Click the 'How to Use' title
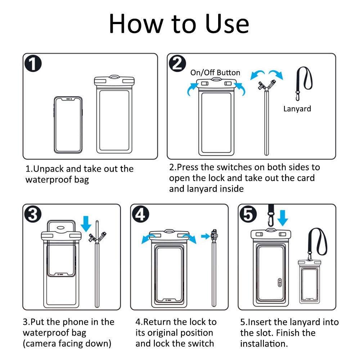coord(179,24)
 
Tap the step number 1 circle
coord(33,63)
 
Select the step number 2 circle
coord(177,63)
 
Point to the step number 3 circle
coord(33,214)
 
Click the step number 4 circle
coord(140,214)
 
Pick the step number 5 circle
coord(248,214)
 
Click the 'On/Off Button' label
coord(215,73)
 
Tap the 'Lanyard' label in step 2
coord(297,109)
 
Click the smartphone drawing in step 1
coord(68,125)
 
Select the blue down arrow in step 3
coord(86,224)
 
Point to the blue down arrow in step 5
coord(283,218)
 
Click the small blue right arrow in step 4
coord(205,236)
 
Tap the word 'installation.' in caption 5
coord(264,344)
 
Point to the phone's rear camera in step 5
coord(280,282)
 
